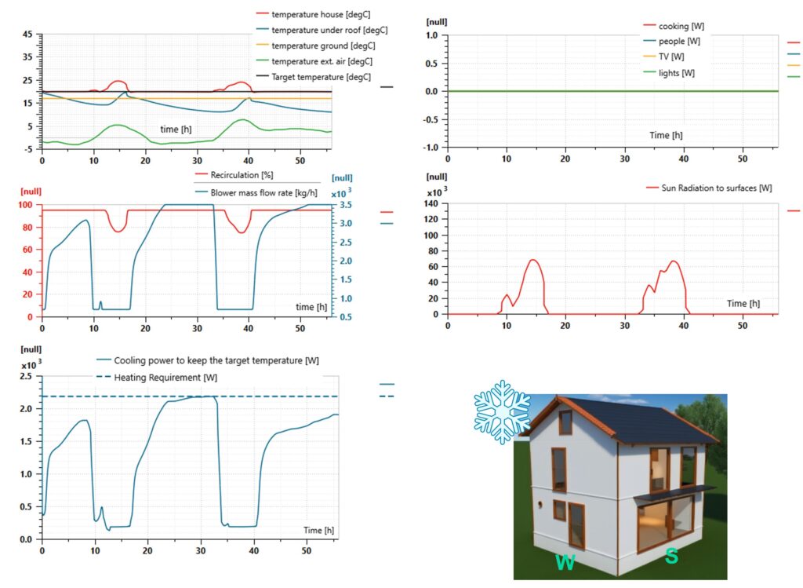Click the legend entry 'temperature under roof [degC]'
click(329, 31)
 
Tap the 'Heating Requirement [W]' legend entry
click(165, 378)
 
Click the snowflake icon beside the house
click(502, 412)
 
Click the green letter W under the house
click(566, 562)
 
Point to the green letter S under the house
click(671, 556)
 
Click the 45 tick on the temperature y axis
click(28, 35)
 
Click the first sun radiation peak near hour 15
click(533, 260)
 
